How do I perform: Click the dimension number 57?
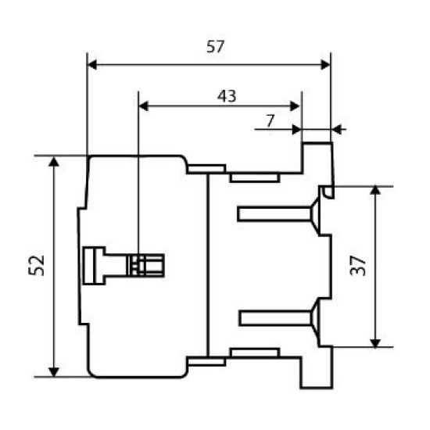click(x=215, y=47)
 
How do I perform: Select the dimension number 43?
click(x=227, y=96)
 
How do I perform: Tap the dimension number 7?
click(x=271, y=120)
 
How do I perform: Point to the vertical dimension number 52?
click(x=36, y=265)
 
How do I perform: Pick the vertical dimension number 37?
click(x=358, y=265)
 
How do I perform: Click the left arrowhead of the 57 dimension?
click(x=92, y=65)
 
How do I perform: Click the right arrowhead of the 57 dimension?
click(x=325, y=65)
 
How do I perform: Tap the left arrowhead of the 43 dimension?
click(x=143, y=106)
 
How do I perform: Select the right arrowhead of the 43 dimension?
click(x=295, y=106)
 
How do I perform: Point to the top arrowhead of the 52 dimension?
click(x=54, y=162)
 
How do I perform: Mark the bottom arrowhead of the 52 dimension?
click(x=54, y=371)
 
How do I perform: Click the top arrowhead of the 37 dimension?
click(x=375, y=191)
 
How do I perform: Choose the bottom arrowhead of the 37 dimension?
click(x=375, y=342)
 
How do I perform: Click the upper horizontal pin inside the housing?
click(x=275, y=213)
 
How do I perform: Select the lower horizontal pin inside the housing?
click(x=276, y=318)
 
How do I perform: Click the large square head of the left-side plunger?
click(x=94, y=266)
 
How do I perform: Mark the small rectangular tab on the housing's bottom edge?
click(x=255, y=353)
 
